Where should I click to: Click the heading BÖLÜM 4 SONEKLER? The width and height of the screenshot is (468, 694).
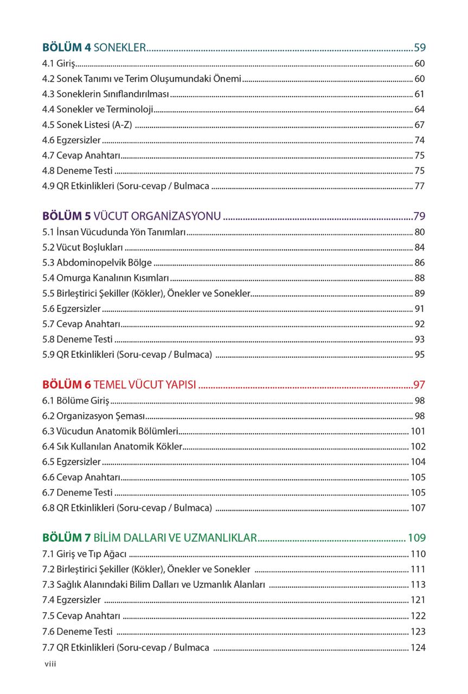pyautogui.click(x=94, y=47)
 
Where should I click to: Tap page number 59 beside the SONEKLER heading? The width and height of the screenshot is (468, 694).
pyautogui.click(x=419, y=47)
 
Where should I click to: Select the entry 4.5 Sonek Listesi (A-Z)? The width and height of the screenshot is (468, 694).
pyautogui.click(x=87, y=125)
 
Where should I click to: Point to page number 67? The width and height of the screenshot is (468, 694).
pyautogui.click(x=419, y=125)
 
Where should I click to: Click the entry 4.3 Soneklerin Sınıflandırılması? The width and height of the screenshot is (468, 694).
pyautogui.click(x=106, y=94)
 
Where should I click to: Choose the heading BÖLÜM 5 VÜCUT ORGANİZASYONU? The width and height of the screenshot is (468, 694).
pyautogui.click(x=131, y=216)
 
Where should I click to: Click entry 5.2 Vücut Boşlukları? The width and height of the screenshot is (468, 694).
pyautogui.click(x=82, y=248)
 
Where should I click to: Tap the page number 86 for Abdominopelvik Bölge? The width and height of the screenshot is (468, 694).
pyautogui.click(x=419, y=263)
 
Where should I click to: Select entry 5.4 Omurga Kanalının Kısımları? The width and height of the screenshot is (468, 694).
pyautogui.click(x=105, y=278)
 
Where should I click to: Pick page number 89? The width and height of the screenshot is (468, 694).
pyautogui.click(x=419, y=293)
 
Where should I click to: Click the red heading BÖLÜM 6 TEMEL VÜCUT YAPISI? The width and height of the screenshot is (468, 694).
pyautogui.click(x=119, y=385)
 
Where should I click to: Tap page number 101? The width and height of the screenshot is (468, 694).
pyautogui.click(x=418, y=431)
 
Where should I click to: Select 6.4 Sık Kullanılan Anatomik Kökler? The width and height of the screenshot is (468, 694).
pyautogui.click(x=112, y=447)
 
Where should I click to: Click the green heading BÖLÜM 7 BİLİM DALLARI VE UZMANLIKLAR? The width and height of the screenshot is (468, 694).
pyautogui.click(x=149, y=538)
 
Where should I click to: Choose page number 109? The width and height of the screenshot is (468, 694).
pyautogui.click(x=416, y=538)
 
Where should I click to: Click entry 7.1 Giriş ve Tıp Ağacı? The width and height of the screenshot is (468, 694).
pyautogui.click(x=84, y=554)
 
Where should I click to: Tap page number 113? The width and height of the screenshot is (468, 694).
pyautogui.click(x=418, y=584)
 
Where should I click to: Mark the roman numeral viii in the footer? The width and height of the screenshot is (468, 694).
pyautogui.click(x=50, y=664)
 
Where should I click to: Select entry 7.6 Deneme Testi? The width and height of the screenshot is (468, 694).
pyautogui.click(x=77, y=631)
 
